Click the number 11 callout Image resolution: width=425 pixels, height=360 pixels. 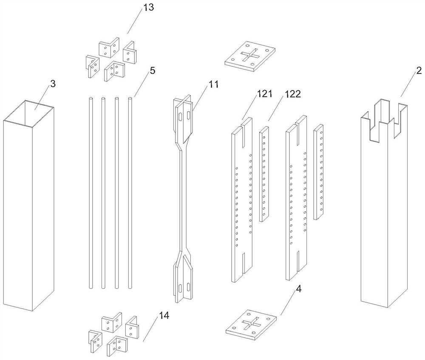coord(213,84)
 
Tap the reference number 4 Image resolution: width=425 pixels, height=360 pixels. coord(299,289)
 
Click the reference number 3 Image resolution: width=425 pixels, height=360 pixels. coord(53,84)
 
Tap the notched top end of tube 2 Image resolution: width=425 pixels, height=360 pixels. coord(383,117)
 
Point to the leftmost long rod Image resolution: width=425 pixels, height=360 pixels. coord(91,191)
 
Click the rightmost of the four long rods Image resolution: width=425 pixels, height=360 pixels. coord(130,191)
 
